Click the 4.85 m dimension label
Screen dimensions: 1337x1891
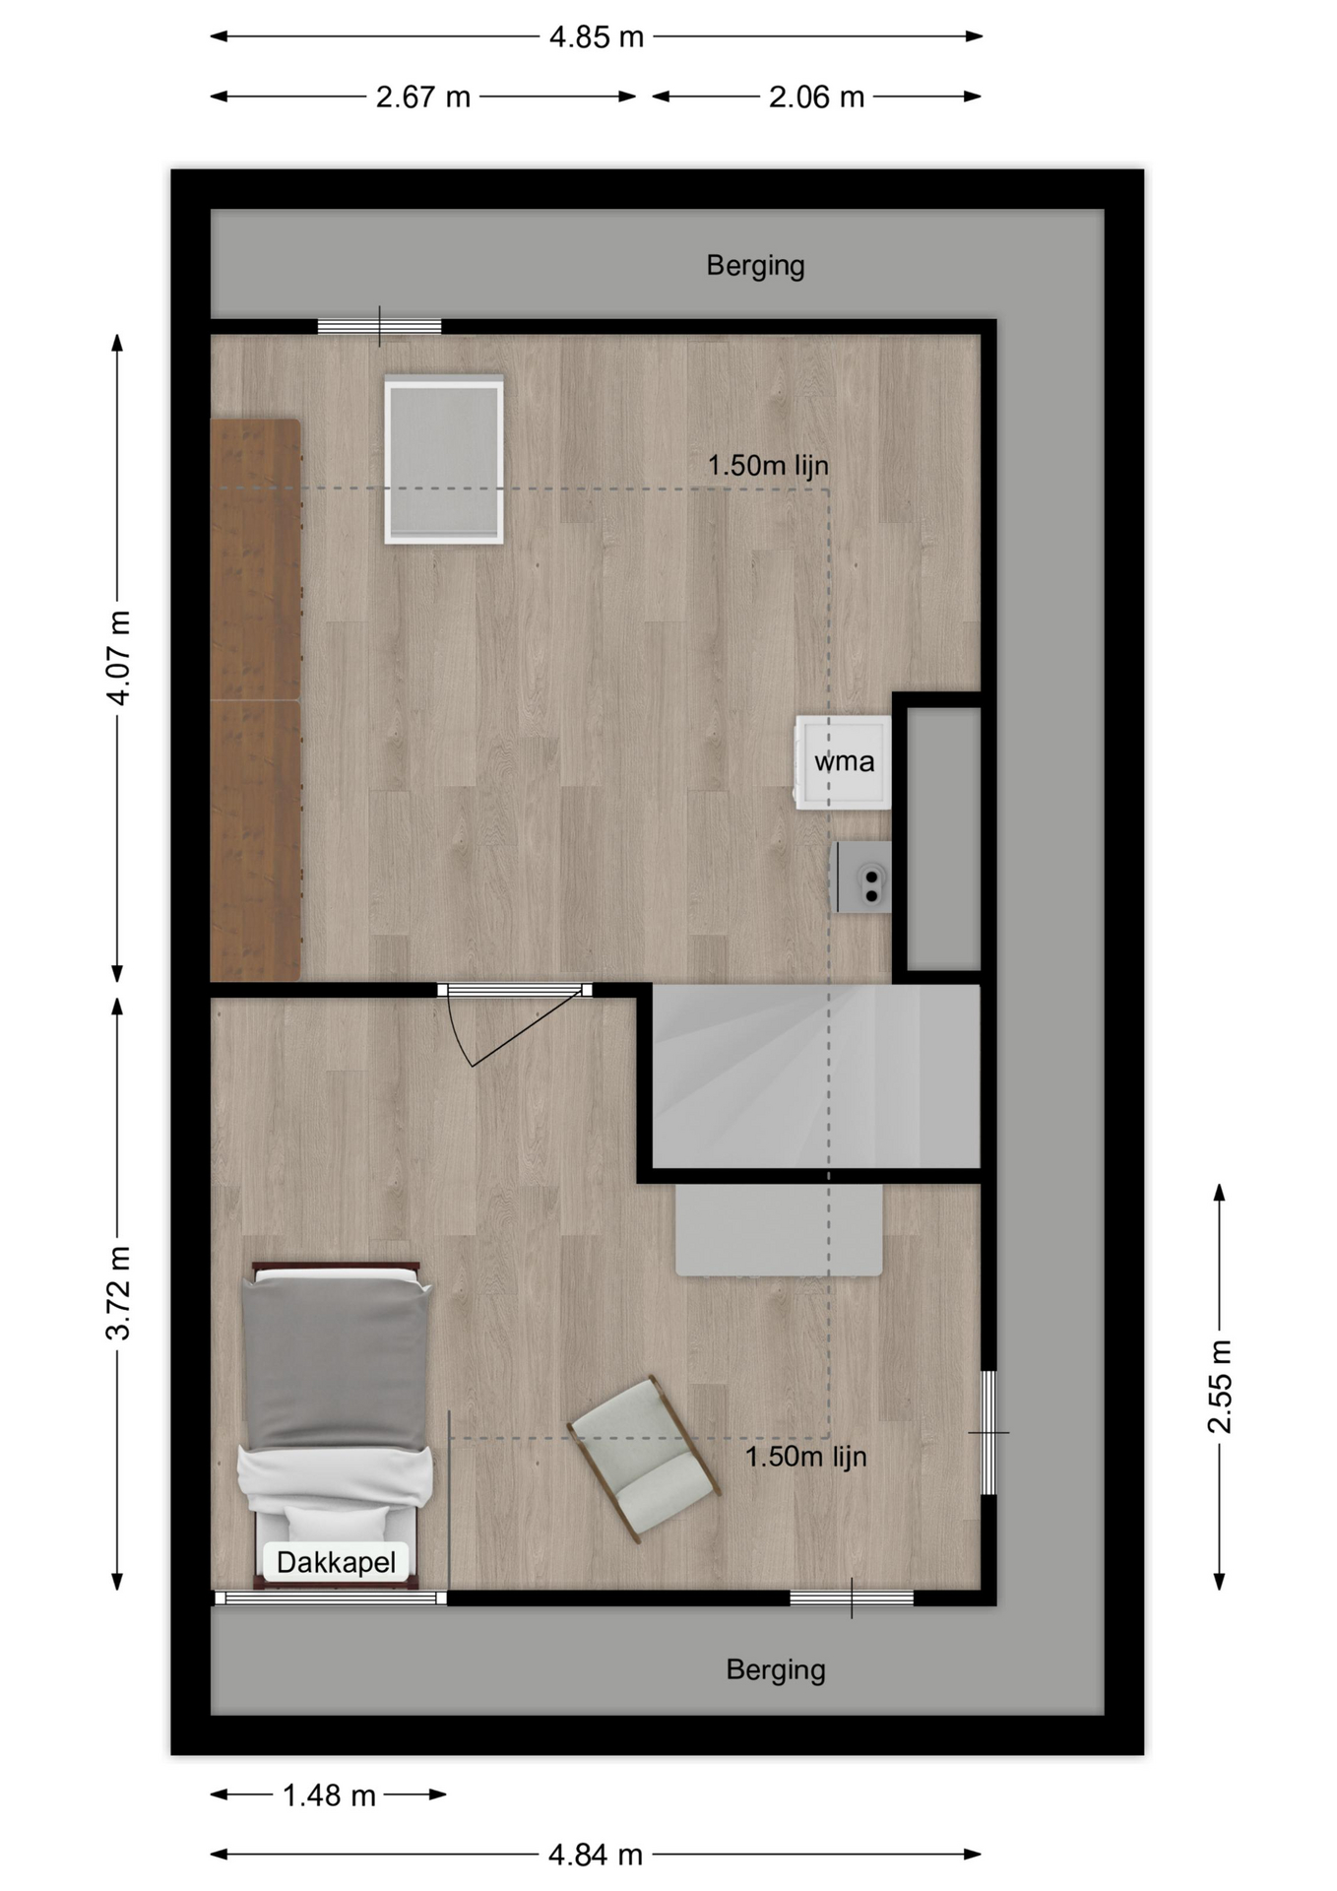point(596,37)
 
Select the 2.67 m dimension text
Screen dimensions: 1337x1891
point(423,98)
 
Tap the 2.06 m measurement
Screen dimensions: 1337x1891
point(816,98)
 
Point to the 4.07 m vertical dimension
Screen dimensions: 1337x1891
point(118,658)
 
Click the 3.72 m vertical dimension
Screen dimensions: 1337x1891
point(118,1293)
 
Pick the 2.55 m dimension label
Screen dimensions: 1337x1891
point(1220,1387)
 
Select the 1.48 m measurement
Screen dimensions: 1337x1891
point(329,1795)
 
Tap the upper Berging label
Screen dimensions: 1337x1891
point(756,266)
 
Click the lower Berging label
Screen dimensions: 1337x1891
point(776,1670)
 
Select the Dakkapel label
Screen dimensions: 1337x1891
point(336,1562)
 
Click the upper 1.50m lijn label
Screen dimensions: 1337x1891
point(768,466)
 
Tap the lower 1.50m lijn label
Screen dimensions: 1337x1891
point(805,1457)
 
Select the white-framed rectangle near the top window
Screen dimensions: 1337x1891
point(444,459)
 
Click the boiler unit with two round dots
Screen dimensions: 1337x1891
point(863,877)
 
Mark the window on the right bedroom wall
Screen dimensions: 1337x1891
point(988,1432)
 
